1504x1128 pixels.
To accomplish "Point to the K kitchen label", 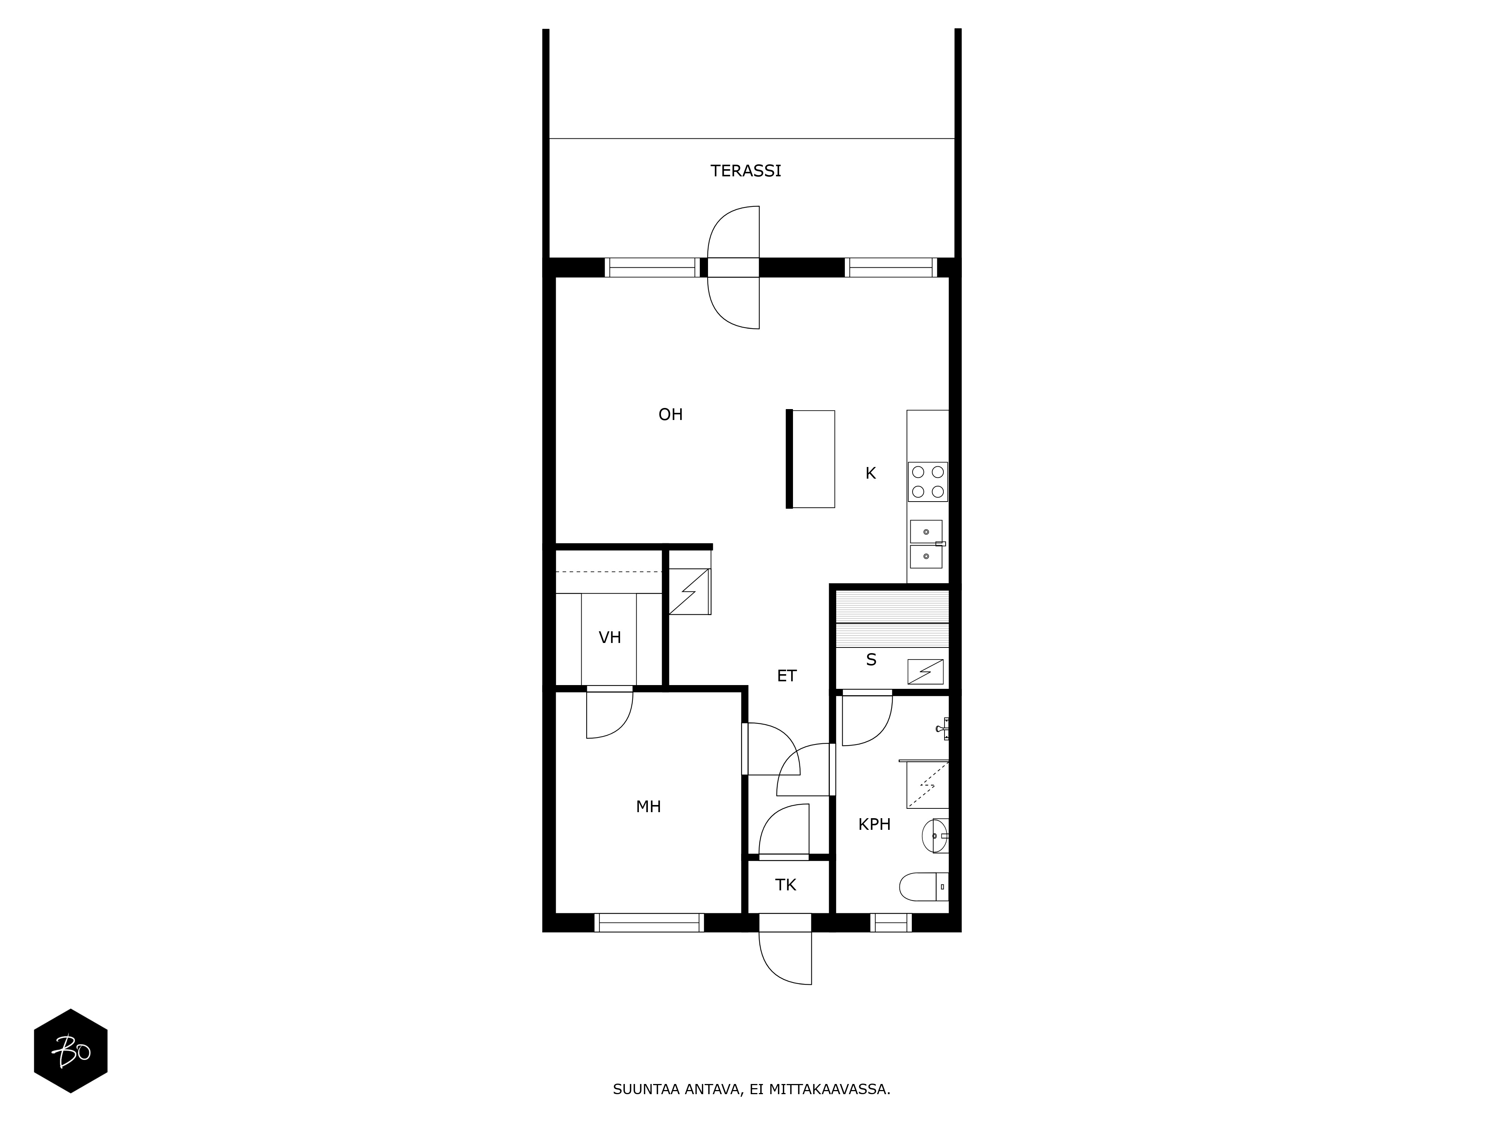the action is click(x=870, y=473).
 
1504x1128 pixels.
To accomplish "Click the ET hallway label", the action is click(x=787, y=676).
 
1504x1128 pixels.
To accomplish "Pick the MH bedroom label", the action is click(x=648, y=807).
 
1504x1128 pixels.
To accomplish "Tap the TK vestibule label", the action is click(x=785, y=885).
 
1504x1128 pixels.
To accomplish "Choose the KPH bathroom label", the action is click(x=874, y=824).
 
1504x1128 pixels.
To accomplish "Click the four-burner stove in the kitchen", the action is click(x=928, y=481).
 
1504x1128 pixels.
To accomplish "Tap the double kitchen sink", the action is click(x=926, y=544).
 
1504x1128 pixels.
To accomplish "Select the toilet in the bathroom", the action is click(x=923, y=887).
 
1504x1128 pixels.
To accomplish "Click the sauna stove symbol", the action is click(x=925, y=672).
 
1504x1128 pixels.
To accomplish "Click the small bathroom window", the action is click(x=891, y=923).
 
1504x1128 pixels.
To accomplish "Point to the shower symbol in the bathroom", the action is click(x=928, y=785).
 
